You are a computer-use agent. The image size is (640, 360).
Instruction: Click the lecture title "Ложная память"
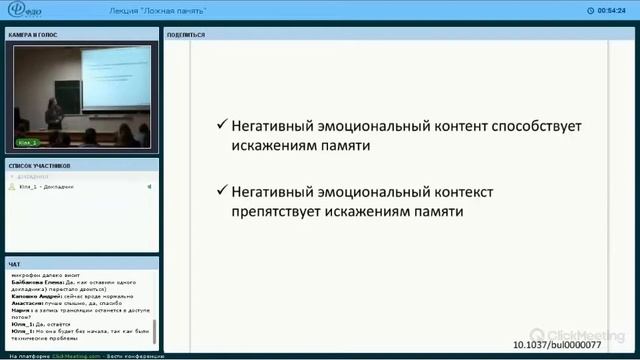pos(159,9)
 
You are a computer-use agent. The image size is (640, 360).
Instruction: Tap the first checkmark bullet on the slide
pos(222,127)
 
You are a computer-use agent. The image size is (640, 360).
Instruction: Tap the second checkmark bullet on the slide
pos(222,190)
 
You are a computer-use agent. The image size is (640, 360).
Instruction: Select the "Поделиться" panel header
pos(186,34)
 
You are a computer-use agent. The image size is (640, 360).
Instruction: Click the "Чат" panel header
pos(14,264)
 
